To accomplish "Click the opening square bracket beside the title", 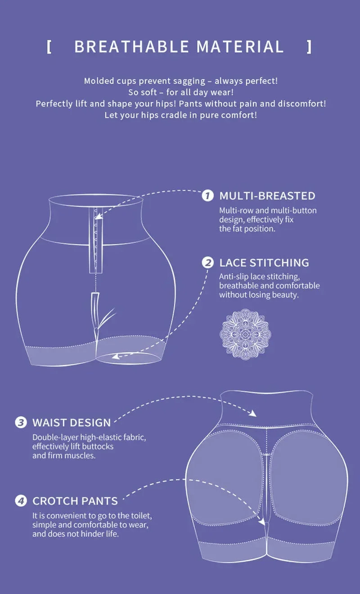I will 49,47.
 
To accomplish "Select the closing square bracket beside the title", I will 309,47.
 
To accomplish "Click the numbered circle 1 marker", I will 207,196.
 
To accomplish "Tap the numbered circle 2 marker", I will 207,263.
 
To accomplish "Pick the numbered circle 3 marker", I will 21,423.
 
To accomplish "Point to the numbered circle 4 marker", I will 21,500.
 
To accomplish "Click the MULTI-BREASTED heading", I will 267,196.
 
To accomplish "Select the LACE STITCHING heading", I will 264,263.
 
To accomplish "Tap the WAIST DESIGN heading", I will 71,423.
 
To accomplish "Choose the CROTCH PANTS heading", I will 75,501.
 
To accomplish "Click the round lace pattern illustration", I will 245,334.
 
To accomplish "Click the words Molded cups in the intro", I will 107,81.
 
